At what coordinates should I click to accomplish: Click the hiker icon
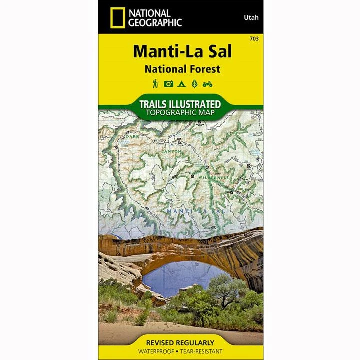click(x=155, y=84)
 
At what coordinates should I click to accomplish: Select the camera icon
click(x=168, y=84)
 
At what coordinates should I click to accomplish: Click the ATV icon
click(x=207, y=84)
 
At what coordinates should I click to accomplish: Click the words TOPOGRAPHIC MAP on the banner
click(x=181, y=113)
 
